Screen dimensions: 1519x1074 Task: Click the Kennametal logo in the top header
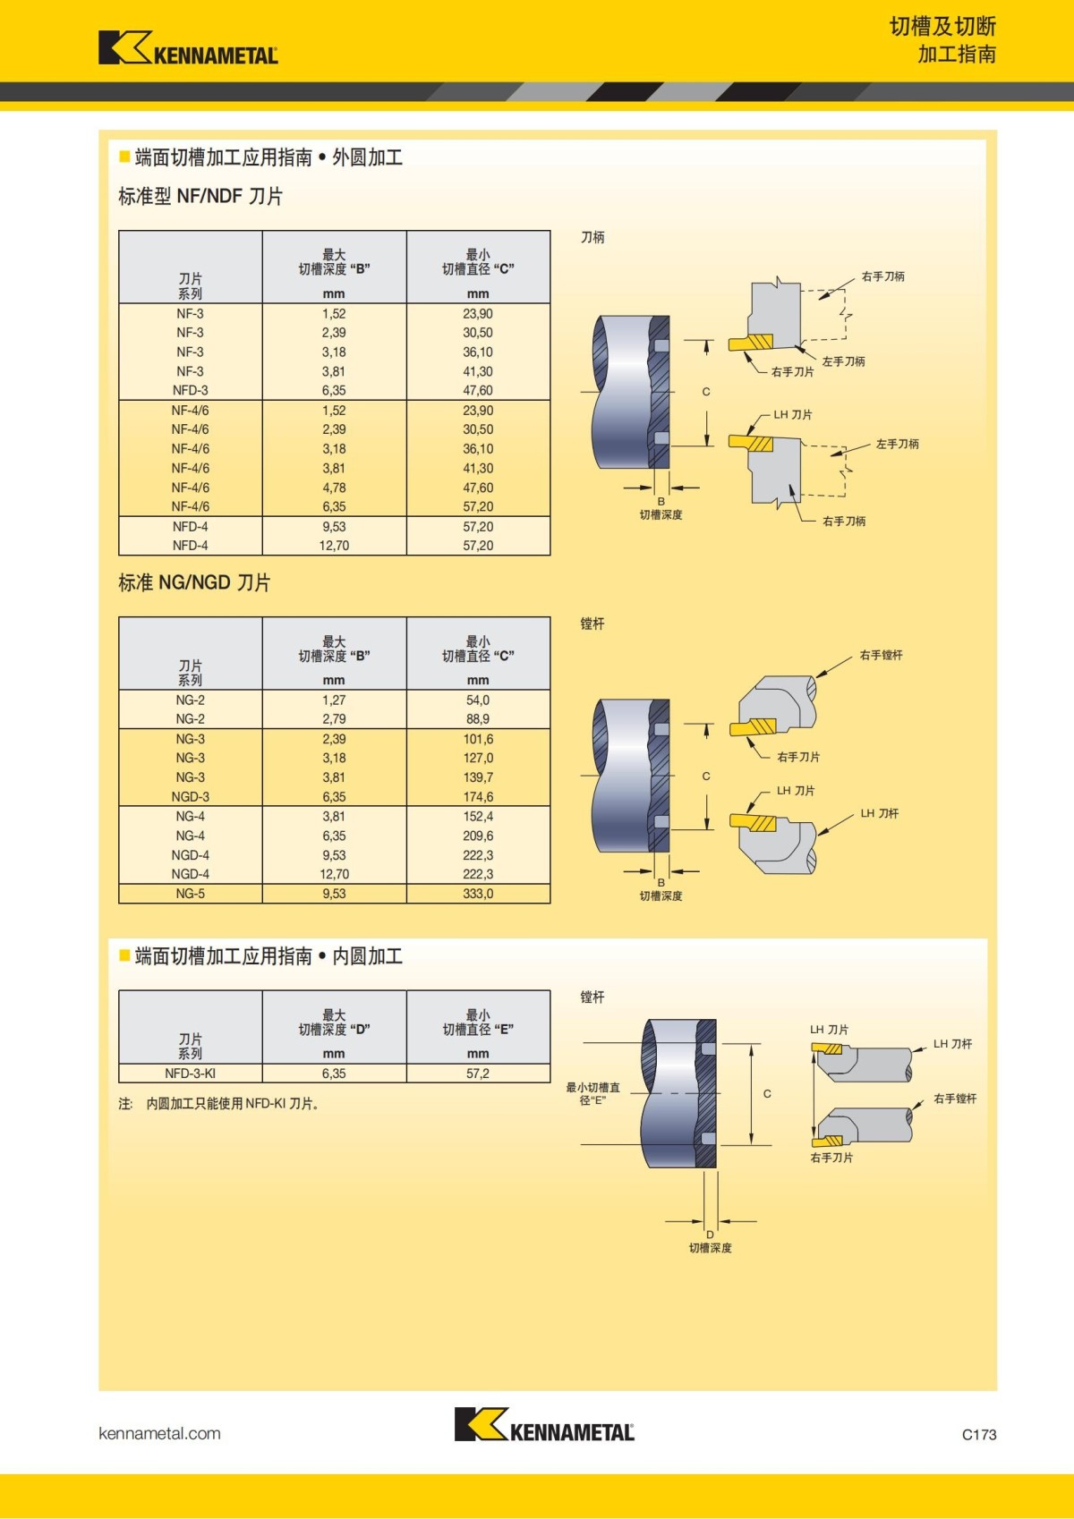(x=188, y=48)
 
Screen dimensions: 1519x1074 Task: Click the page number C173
(x=978, y=1434)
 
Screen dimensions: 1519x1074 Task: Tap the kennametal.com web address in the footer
(x=159, y=1433)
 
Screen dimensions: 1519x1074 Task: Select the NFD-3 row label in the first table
(x=190, y=391)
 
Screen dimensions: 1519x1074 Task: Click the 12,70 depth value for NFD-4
(x=334, y=546)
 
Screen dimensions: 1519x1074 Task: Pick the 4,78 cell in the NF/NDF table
(x=334, y=488)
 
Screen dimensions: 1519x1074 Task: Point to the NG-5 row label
(x=190, y=894)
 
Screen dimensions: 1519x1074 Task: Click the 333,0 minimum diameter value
(x=478, y=894)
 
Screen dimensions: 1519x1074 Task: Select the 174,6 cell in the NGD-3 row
(x=478, y=797)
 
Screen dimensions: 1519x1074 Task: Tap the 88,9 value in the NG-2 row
(x=478, y=719)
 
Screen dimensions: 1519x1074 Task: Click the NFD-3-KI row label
(x=190, y=1073)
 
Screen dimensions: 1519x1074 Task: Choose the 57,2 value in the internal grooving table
(x=478, y=1073)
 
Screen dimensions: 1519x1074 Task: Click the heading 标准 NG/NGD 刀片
(x=194, y=583)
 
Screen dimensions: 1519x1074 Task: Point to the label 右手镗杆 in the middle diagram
(x=881, y=656)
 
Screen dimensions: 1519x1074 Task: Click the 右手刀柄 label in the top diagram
(x=882, y=276)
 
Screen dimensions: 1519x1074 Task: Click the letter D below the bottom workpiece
(x=710, y=1235)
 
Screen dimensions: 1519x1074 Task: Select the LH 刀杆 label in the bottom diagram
(x=952, y=1044)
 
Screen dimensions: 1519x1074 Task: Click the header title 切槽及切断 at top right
(x=942, y=27)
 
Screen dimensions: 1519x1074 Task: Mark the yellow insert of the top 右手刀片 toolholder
(x=750, y=344)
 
